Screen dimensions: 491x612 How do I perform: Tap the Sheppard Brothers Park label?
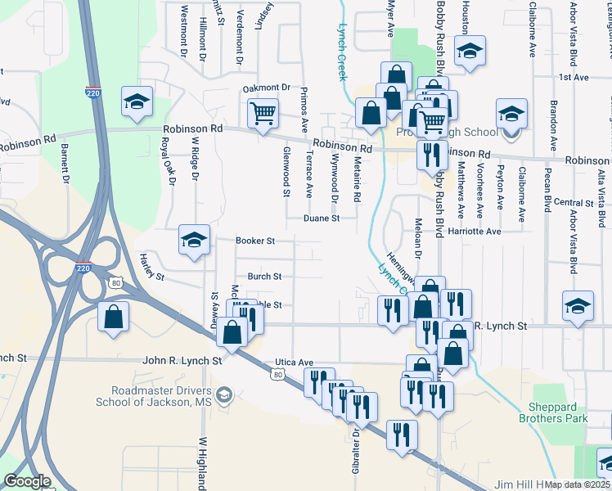click(553, 412)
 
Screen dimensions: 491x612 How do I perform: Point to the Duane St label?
click(321, 218)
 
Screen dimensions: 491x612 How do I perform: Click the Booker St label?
click(254, 241)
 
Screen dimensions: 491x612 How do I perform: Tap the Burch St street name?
click(264, 277)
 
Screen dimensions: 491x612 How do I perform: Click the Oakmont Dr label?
click(267, 88)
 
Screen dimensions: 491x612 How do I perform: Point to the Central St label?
click(573, 202)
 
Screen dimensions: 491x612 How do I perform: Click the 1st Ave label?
click(574, 77)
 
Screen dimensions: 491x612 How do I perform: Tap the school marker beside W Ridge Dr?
click(194, 240)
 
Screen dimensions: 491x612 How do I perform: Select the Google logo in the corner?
click(28, 482)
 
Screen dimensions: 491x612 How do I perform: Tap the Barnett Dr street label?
click(65, 163)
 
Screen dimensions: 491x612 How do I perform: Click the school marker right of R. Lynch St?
click(578, 306)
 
